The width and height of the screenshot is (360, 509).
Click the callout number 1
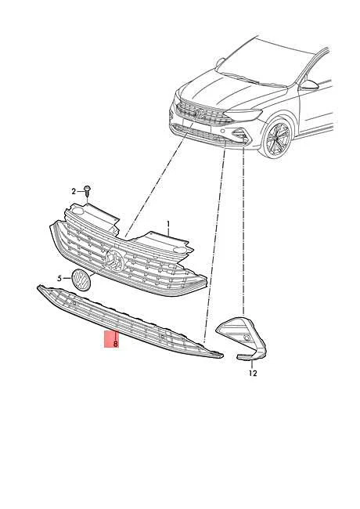pos(168,224)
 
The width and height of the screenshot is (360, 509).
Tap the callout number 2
pos(74,192)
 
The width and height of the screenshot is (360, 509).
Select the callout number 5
pos(59,279)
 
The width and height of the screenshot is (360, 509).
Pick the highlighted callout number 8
pos(116,344)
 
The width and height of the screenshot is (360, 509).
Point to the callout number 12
pos(253,373)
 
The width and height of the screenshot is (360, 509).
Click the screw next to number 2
pos(87,190)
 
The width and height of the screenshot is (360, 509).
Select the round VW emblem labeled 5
pos(81,280)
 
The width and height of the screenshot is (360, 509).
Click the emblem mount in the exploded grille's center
pos(115,258)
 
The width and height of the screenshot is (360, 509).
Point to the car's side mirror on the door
pos(308,85)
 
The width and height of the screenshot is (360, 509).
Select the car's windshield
pos(263,62)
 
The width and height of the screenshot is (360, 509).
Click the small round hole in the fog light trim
pos(247,338)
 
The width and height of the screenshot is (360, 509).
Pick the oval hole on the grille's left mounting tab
pos(77,211)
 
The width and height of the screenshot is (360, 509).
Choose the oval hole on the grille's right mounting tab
pos(178,250)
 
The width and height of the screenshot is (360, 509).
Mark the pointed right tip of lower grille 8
pos(222,356)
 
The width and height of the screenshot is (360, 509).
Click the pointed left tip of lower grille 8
pos(38,287)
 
